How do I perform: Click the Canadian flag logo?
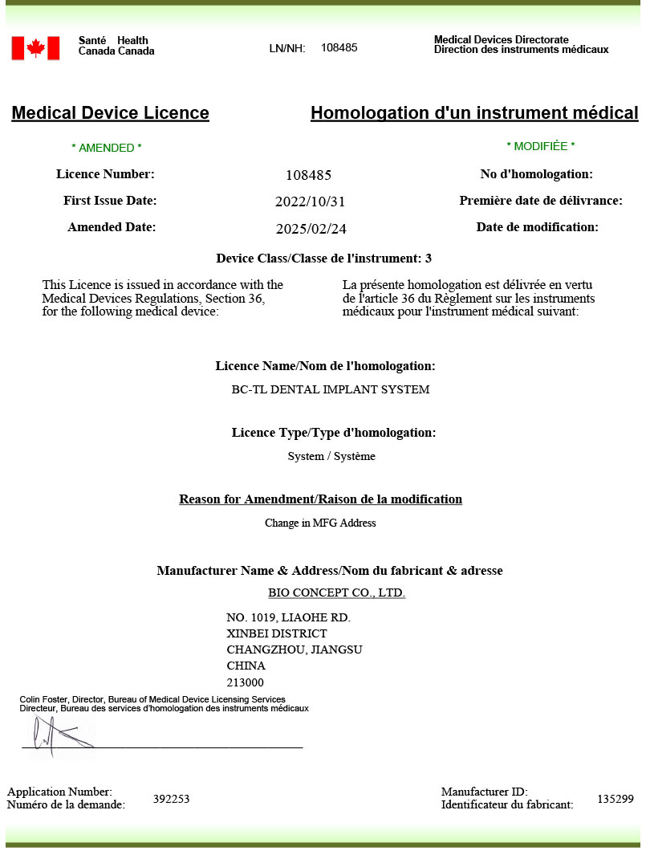(x=35, y=48)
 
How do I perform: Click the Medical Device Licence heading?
(x=110, y=113)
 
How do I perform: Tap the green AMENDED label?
(x=107, y=148)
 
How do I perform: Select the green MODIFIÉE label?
(x=540, y=146)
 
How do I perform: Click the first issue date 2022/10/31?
(x=310, y=202)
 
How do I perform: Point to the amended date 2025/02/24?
(x=311, y=229)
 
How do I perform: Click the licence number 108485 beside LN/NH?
(x=339, y=47)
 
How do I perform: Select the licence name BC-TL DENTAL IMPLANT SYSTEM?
(x=330, y=390)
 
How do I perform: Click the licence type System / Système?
(x=331, y=457)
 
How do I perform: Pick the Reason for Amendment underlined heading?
(x=320, y=499)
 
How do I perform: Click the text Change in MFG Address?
(x=320, y=523)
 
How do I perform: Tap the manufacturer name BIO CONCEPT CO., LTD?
(x=336, y=593)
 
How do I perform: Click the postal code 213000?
(x=246, y=683)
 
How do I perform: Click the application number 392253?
(x=171, y=799)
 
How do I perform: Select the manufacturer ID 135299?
(x=615, y=799)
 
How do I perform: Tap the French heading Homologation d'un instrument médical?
(x=474, y=113)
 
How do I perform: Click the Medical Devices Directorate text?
(x=501, y=39)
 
